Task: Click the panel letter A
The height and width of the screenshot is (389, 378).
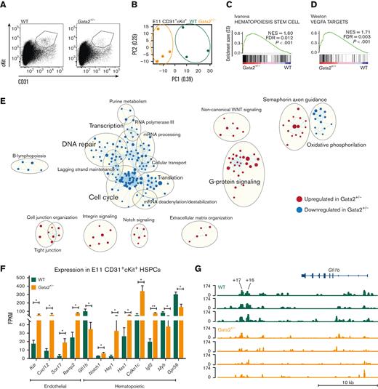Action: pyautogui.click(x=4, y=5)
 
